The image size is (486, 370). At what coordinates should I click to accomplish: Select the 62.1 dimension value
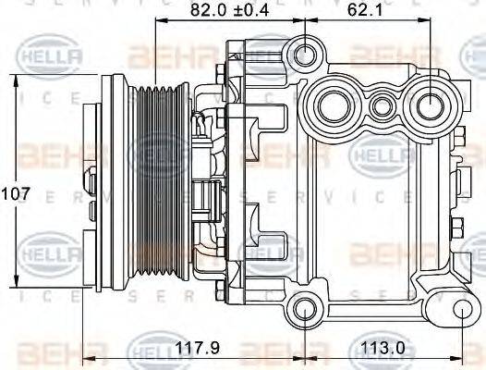pos(366,11)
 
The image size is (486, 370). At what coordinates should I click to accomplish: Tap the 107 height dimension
pos(16,195)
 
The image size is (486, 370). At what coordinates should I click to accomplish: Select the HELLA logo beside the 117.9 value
pos(151,349)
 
